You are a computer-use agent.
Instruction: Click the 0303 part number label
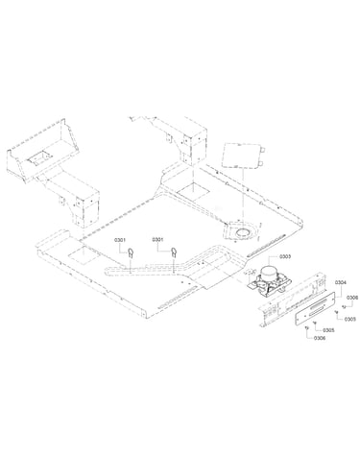285,256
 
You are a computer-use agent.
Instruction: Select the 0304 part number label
340,282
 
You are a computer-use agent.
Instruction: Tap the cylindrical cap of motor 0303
270,273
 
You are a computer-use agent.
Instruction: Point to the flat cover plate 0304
315,308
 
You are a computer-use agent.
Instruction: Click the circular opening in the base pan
244,232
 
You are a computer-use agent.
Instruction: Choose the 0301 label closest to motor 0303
157,239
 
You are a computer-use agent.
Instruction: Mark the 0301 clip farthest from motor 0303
131,252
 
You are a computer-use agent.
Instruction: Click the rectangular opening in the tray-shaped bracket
39,156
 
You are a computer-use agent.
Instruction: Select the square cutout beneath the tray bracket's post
84,253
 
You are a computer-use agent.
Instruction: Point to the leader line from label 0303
274,260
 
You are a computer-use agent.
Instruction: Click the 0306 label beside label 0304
351,298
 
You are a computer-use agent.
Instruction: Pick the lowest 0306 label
320,338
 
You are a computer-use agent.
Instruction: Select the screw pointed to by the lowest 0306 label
307,327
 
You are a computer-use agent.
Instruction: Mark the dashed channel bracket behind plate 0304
293,300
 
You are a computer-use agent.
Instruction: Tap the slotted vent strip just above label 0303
265,245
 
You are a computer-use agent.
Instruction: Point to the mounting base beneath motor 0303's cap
271,284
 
